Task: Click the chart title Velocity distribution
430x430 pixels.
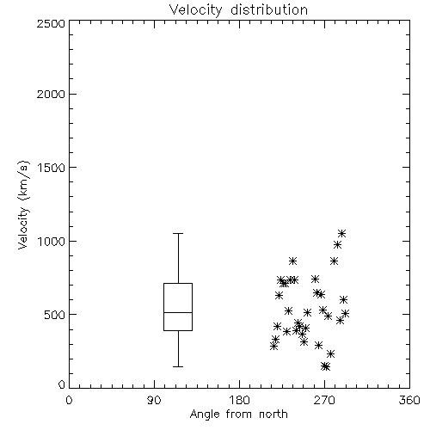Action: pos(238,10)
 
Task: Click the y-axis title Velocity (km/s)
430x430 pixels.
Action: pos(23,205)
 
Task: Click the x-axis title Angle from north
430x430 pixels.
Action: pos(238,415)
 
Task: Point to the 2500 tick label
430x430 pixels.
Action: pos(51,23)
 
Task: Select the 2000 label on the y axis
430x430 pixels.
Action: pos(51,94)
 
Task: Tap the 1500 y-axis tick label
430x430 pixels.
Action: pos(52,168)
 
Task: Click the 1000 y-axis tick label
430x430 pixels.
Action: pos(52,242)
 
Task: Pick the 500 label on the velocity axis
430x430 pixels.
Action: pos(55,315)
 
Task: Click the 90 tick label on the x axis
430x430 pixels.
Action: pos(154,400)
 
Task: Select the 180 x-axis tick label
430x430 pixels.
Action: pos(239,400)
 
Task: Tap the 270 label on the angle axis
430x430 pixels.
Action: pos(324,400)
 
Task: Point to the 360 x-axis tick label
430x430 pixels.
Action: pos(409,400)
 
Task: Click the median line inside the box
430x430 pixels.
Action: pos(178,312)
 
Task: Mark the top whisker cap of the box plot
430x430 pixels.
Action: pos(178,234)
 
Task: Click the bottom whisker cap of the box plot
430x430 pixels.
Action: pos(178,366)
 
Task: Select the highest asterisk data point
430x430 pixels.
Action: pos(341,234)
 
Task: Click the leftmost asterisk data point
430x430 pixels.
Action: pos(273,347)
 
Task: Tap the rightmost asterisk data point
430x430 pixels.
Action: pos(346,313)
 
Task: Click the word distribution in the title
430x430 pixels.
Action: pos(269,10)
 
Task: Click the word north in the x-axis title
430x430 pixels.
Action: pos(273,415)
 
